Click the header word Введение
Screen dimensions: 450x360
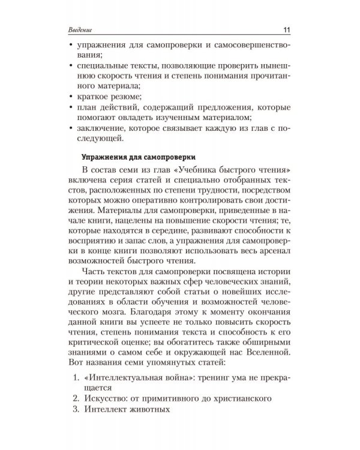point(84,31)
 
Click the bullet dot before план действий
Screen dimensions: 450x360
point(73,108)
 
